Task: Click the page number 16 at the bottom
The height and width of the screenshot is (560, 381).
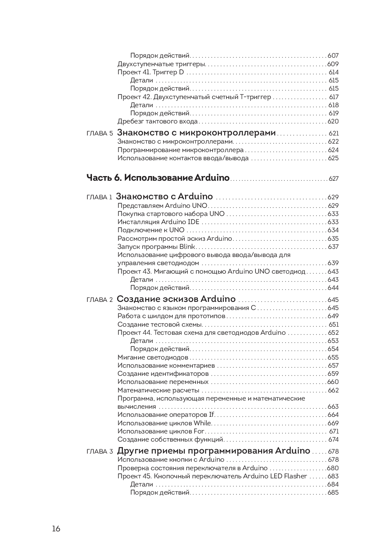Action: coord(56,529)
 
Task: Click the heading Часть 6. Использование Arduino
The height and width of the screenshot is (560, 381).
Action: coord(158,178)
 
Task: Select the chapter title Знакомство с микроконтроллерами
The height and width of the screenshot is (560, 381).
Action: coord(196,133)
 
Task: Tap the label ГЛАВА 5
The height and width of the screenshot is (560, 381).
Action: coord(100,134)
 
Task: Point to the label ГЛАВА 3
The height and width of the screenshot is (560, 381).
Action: coord(100,452)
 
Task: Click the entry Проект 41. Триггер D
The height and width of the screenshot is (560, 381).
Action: coord(151,72)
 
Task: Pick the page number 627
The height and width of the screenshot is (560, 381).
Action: coord(333,179)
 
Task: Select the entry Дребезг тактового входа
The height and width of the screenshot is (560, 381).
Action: coord(158,122)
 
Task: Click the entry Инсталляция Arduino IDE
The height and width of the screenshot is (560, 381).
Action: coord(158,222)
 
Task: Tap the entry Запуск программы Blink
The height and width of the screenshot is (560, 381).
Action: coord(156,247)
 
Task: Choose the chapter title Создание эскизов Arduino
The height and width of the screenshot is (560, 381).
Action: coord(176,299)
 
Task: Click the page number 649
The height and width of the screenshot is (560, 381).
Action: coord(333,316)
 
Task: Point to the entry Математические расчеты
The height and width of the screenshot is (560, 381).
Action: coord(158,390)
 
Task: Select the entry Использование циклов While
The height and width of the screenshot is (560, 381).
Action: coord(164,423)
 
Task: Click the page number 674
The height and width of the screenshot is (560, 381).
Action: coord(333,440)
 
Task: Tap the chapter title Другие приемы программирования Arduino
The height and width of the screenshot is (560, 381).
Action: coord(213,451)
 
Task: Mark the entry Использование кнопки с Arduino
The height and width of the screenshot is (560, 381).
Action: coord(171,460)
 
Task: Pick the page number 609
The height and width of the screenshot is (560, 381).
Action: coord(333,64)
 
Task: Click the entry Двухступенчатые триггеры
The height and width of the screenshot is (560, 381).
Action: coord(161,64)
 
